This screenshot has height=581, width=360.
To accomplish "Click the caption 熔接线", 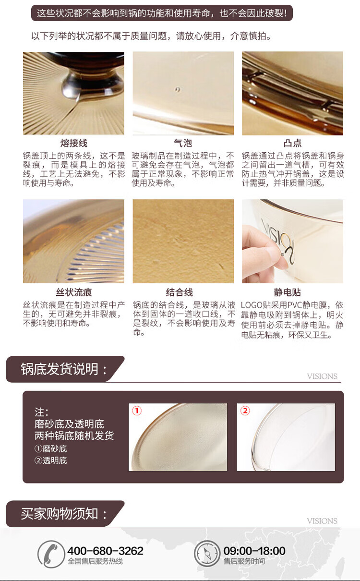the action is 73,143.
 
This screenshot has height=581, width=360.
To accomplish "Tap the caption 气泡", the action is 183,143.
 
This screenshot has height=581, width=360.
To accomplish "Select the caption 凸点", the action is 293,143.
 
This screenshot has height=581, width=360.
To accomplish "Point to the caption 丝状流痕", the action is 74,292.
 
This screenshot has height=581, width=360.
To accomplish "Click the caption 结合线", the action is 180,292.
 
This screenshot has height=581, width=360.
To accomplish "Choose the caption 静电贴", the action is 288,292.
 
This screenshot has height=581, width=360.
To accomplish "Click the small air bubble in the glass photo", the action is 178,89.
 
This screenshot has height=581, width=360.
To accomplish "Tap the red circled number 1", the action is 137,411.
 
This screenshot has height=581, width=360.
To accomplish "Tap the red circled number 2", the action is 245,411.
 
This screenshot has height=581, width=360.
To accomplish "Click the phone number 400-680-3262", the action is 105,551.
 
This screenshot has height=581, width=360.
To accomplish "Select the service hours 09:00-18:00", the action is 254,551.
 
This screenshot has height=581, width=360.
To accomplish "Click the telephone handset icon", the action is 51,554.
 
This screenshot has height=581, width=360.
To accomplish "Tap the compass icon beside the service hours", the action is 207,554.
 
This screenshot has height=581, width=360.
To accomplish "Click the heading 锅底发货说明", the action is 63,369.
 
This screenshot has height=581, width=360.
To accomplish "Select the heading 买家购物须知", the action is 63,514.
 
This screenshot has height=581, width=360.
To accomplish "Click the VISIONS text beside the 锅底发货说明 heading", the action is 322,376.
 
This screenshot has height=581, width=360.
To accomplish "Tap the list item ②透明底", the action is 51,460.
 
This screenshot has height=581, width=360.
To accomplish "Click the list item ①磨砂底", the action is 51,449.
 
